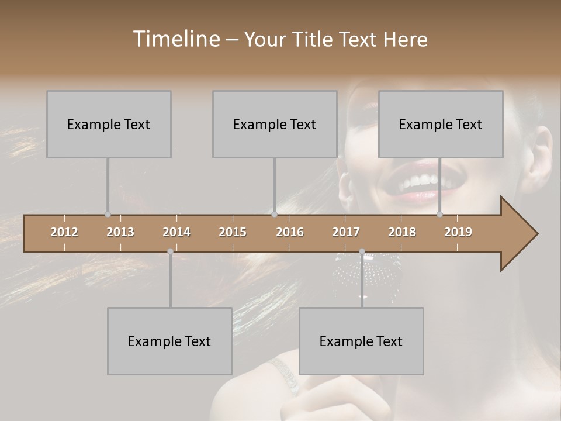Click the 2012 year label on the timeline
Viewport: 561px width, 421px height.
(x=64, y=232)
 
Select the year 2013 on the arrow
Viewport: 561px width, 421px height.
(x=120, y=232)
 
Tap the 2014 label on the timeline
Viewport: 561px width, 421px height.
(x=176, y=232)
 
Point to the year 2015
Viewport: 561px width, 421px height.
(x=233, y=232)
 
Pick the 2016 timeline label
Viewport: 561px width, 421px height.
(x=290, y=232)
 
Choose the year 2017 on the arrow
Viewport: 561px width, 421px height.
(x=346, y=232)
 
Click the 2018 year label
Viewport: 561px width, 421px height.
(x=402, y=232)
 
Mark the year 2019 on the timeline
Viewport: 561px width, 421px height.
(x=458, y=232)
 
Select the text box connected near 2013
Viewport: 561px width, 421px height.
(x=109, y=124)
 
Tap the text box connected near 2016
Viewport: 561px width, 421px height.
(x=275, y=124)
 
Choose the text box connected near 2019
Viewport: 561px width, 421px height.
(x=441, y=124)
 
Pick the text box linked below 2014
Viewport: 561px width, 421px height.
(x=169, y=341)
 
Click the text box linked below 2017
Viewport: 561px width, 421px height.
(x=361, y=341)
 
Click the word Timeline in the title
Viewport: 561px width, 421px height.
(x=175, y=39)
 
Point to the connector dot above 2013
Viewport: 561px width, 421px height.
(x=108, y=214)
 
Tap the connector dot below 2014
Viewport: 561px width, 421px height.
(x=170, y=251)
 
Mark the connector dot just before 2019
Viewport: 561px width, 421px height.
(x=440, y=214)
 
